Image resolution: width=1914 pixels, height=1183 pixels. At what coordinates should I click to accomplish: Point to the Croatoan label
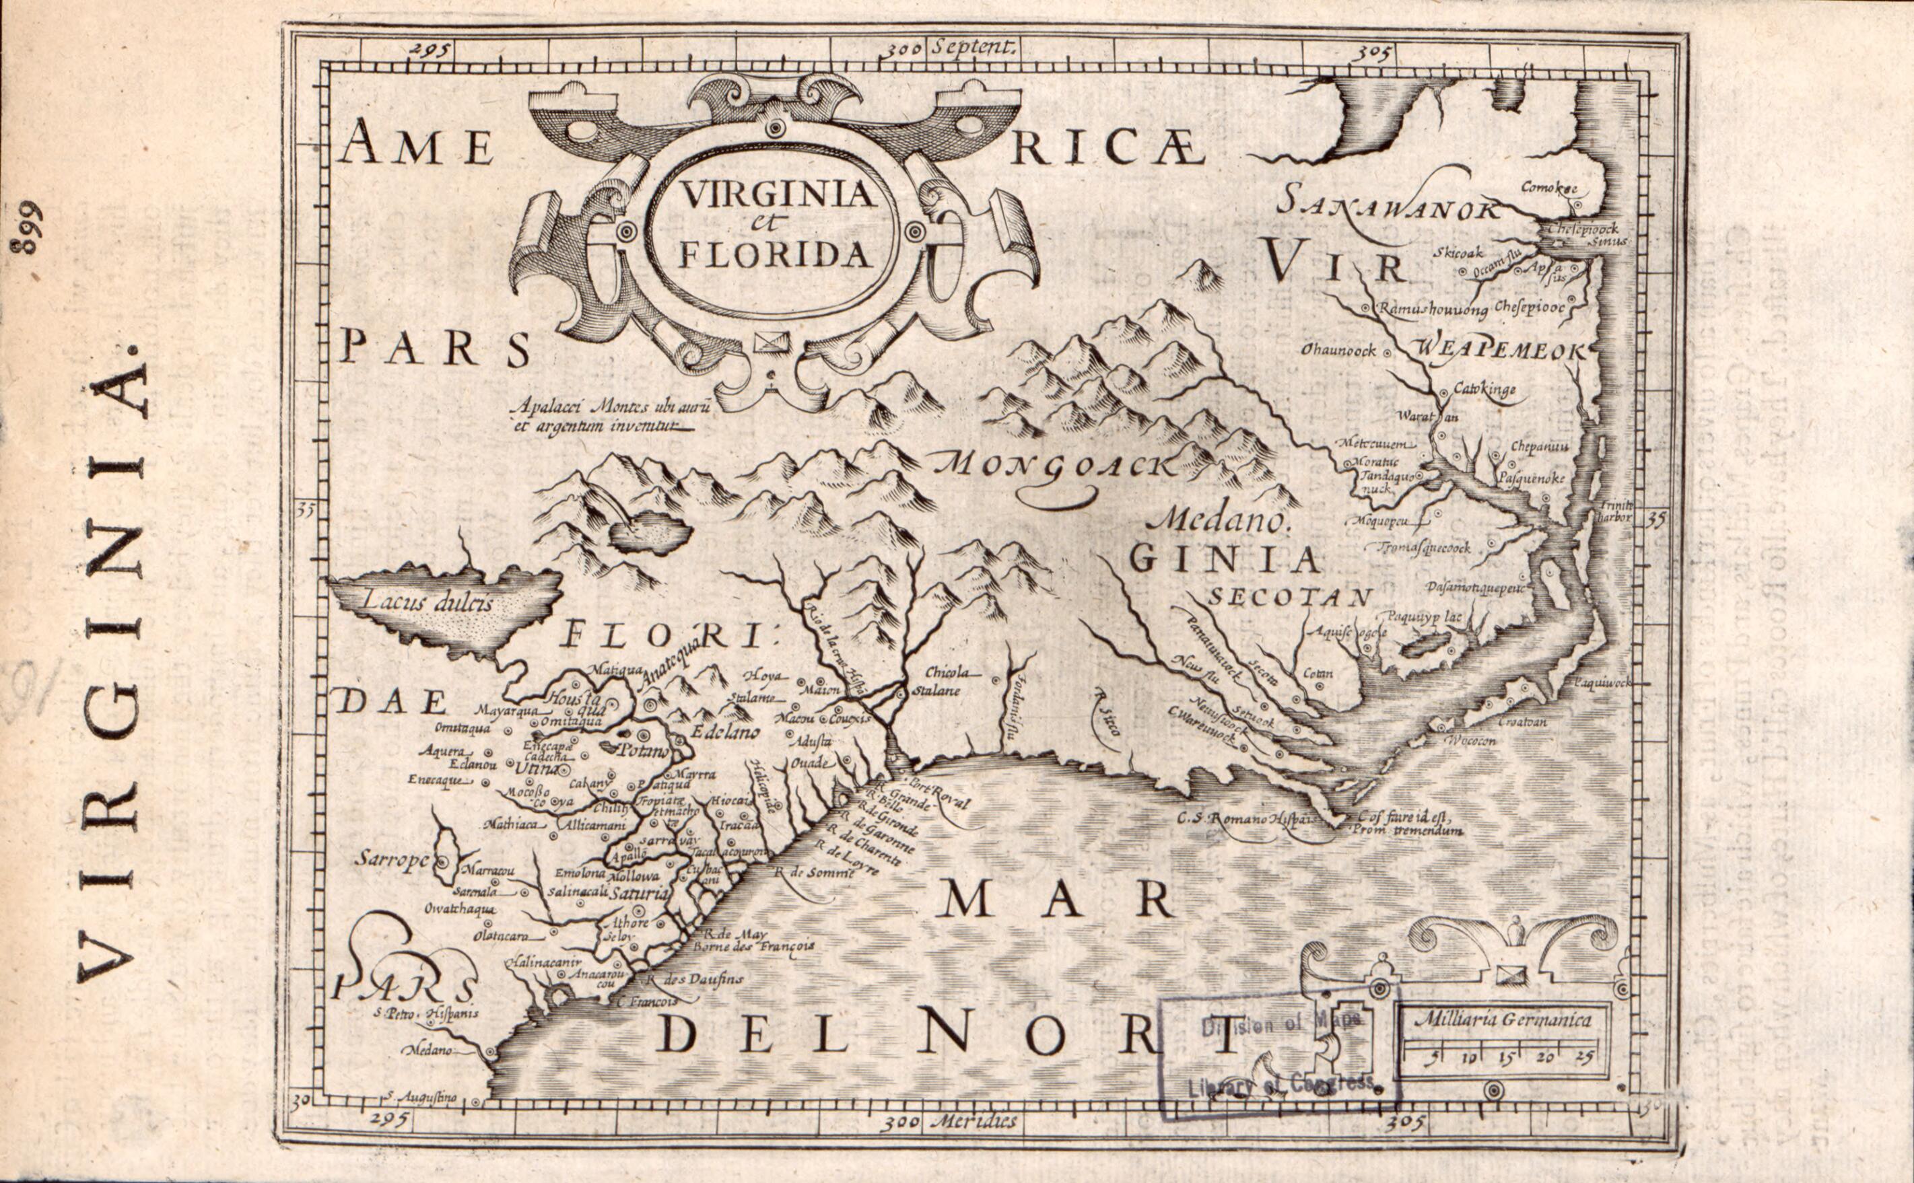tap(1523, 722)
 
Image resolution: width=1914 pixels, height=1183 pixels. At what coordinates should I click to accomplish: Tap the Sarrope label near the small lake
tap(391, 858)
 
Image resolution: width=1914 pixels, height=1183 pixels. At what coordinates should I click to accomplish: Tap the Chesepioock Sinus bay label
tap(1583, 235)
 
